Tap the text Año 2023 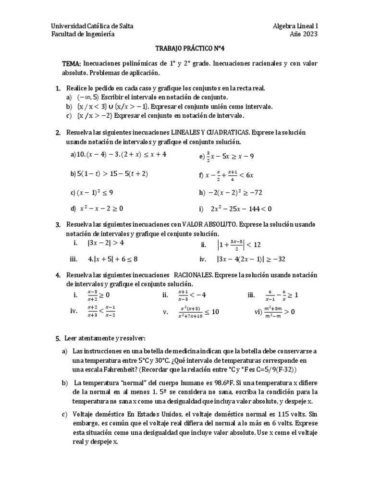[304, 34]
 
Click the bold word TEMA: [72, 64]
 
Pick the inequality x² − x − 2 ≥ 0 [101, 209]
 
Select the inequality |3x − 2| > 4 [106, 243]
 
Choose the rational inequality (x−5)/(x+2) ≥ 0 [98, 295]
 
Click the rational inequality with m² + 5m [278, 311]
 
